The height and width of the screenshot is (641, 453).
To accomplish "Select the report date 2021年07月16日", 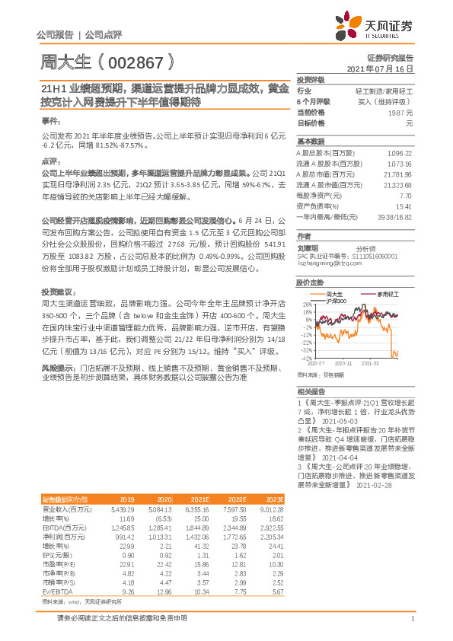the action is pos(380,69).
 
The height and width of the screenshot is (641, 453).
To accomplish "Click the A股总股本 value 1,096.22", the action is pos(399,153).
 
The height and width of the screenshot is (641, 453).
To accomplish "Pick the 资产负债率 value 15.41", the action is pos(404,206).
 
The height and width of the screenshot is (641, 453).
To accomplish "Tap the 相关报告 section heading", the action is pos(311,390).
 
